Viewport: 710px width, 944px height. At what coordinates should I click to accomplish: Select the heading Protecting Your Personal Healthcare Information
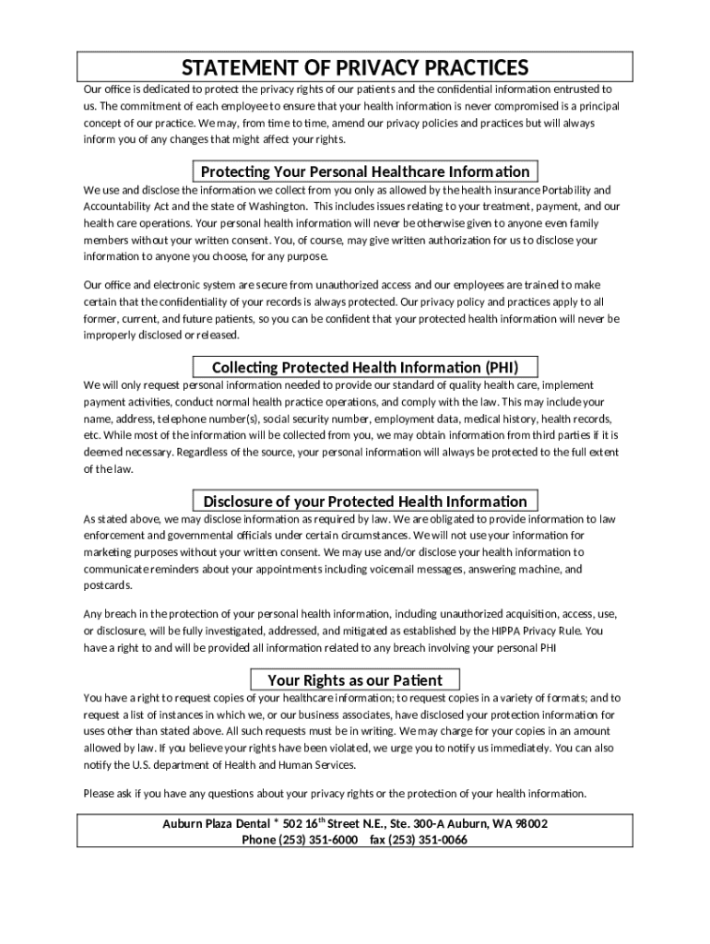[365, 171]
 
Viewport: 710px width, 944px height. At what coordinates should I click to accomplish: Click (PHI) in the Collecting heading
[504, 366]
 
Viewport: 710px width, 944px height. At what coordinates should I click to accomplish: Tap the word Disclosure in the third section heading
[239, 501]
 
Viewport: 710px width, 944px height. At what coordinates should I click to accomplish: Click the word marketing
[109, 552]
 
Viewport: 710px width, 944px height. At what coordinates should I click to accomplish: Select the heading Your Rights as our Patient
[355, 680]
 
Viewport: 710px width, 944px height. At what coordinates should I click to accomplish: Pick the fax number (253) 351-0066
[430, 840]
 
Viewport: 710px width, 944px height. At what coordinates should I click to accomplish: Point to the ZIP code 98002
[529, 823]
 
